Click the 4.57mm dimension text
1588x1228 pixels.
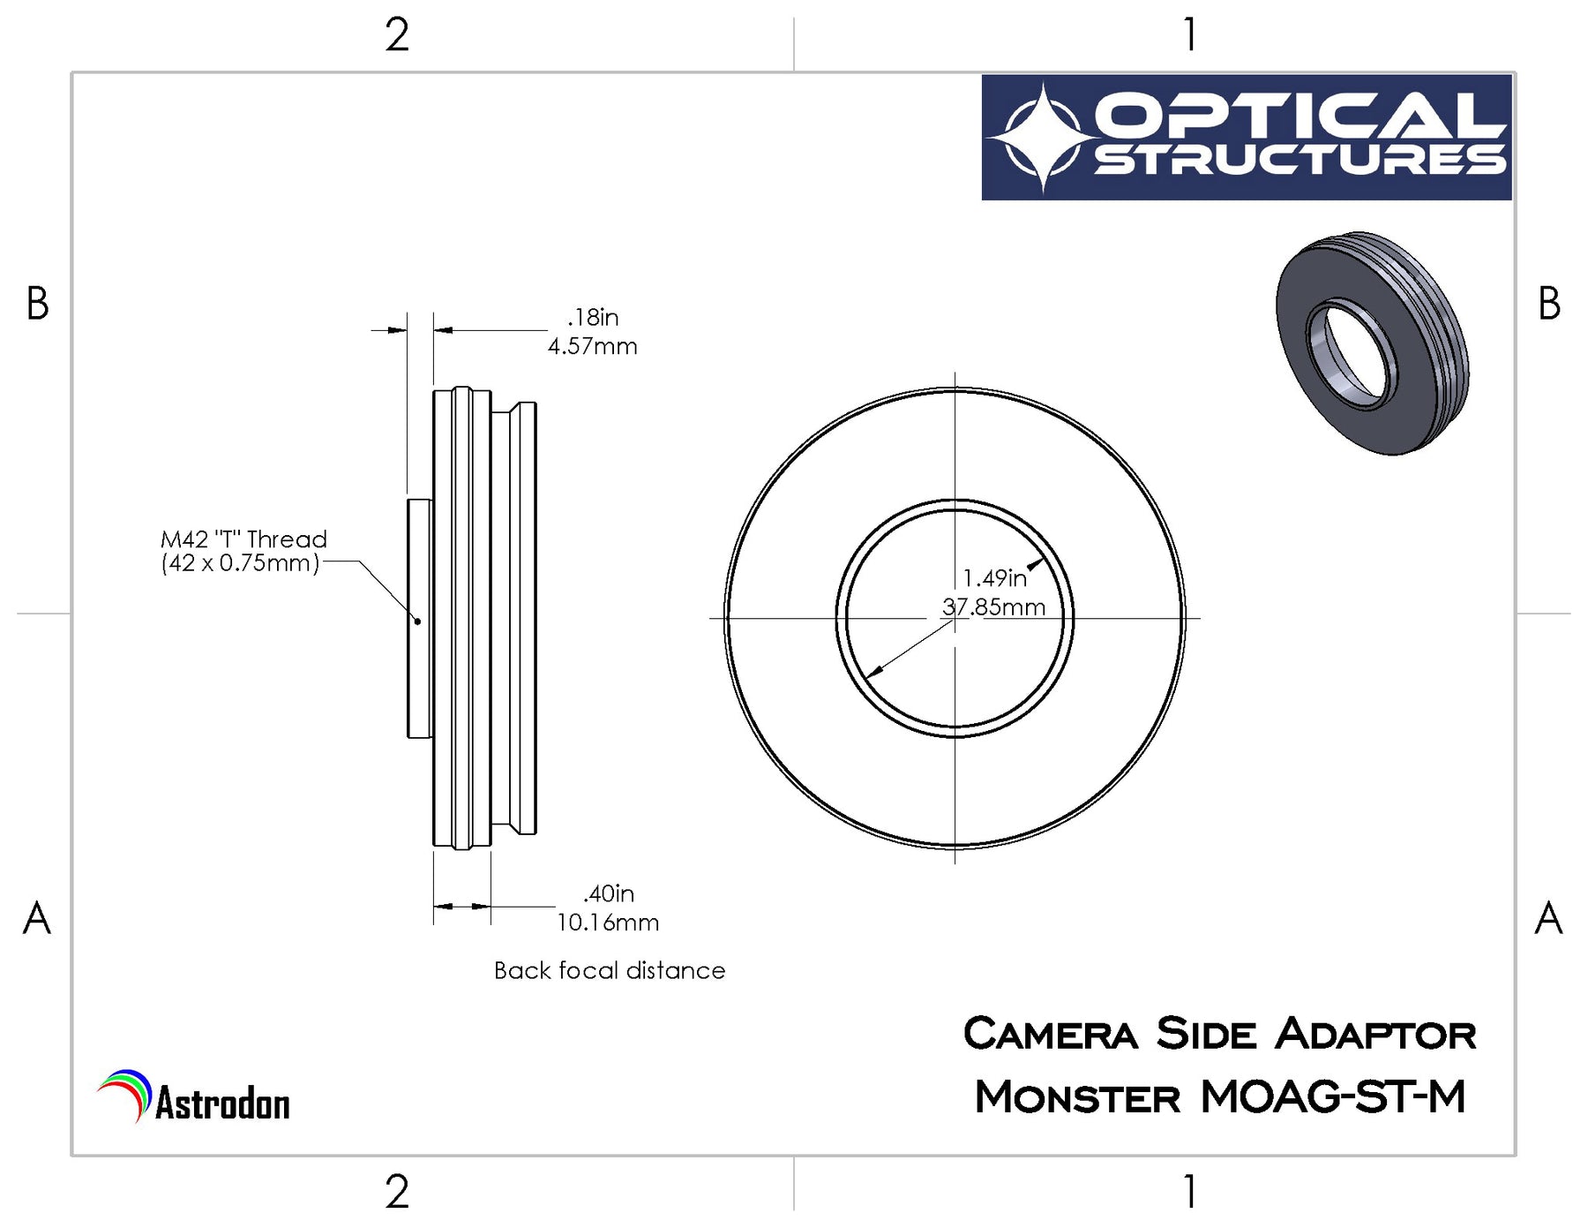(592, 346)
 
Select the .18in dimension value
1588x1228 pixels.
(593, 317)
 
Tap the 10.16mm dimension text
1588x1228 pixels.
(608, 923)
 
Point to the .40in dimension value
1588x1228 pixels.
(609, 893)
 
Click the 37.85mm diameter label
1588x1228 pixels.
(993, 607)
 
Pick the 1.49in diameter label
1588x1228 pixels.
(995, 578)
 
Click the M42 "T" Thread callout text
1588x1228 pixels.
(243, 539)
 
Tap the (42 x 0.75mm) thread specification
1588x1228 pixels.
(240, 563)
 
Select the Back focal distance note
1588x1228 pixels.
(610, 970)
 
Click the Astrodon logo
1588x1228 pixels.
(193, 1097)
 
